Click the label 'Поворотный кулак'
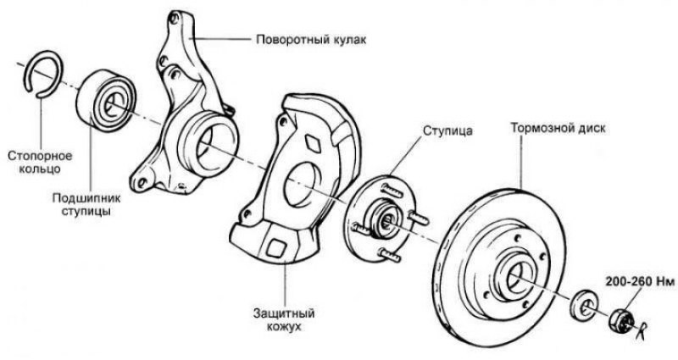(x=311, y=40)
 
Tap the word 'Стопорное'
(x=40, y=156)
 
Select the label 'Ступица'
(x=447, y=130)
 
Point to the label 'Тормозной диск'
(x=558, y=129)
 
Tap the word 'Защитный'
(x=284, y=313)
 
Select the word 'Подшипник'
(x=86, y=198)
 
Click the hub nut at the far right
(x=621, y=320)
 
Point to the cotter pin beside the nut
(x=642, y=331)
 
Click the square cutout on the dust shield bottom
(x=275, y=248)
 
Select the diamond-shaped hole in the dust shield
(x=314, y=142)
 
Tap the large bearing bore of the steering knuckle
(x=209, y=142)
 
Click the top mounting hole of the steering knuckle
(x=175, y=18)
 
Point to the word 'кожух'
(x=284, y=327)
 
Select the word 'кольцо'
(x=41, y=169)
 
